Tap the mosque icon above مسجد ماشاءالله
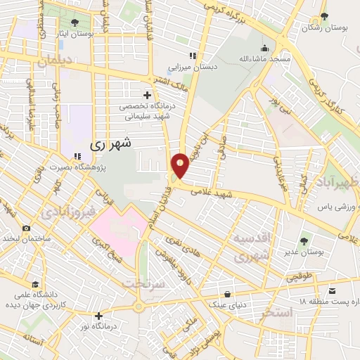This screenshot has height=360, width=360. pos(264,49)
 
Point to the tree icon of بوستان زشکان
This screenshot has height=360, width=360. pos(323,17)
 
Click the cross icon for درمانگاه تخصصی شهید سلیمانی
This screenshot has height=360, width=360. pos(147,94)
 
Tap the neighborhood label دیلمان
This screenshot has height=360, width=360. pos(56,61)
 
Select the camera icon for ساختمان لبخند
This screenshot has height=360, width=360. pos(26,228)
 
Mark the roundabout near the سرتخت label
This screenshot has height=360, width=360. pos(139,305)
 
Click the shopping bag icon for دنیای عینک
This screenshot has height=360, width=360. pos(227,294)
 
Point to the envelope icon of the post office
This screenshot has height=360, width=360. pos(333,290)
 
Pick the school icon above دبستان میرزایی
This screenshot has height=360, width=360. pos(191,56)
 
